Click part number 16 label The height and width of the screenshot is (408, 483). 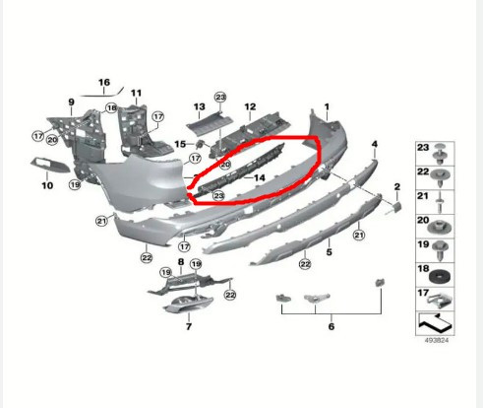pos(104,82)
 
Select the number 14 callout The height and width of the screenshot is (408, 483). pos(260,177)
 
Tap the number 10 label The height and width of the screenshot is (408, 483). pos(47,185)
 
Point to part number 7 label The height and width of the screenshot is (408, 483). pos(189,326)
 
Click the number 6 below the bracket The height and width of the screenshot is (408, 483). pos(332,326)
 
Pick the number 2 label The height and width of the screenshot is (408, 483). pos(397,186)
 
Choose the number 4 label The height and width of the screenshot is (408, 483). pos(375,144)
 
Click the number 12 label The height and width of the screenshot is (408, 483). pos(250,106)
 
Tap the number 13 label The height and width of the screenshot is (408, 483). pos(199,106)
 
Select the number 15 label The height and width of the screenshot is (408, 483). pos(180,144)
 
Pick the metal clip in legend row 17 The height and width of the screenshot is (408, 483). pos(440,299)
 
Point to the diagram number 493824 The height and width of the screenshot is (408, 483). pos(436,340)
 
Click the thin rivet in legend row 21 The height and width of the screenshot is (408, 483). pos(440,202)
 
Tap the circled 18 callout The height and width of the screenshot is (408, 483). pos(111,107)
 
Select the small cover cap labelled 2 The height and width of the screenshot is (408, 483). pos(396,207)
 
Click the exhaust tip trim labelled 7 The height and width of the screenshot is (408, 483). pos(189,304)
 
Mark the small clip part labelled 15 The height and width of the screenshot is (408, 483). pos(201,144)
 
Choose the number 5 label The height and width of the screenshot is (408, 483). pos(329,252)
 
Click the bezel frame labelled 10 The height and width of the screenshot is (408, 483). pos(50,165)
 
